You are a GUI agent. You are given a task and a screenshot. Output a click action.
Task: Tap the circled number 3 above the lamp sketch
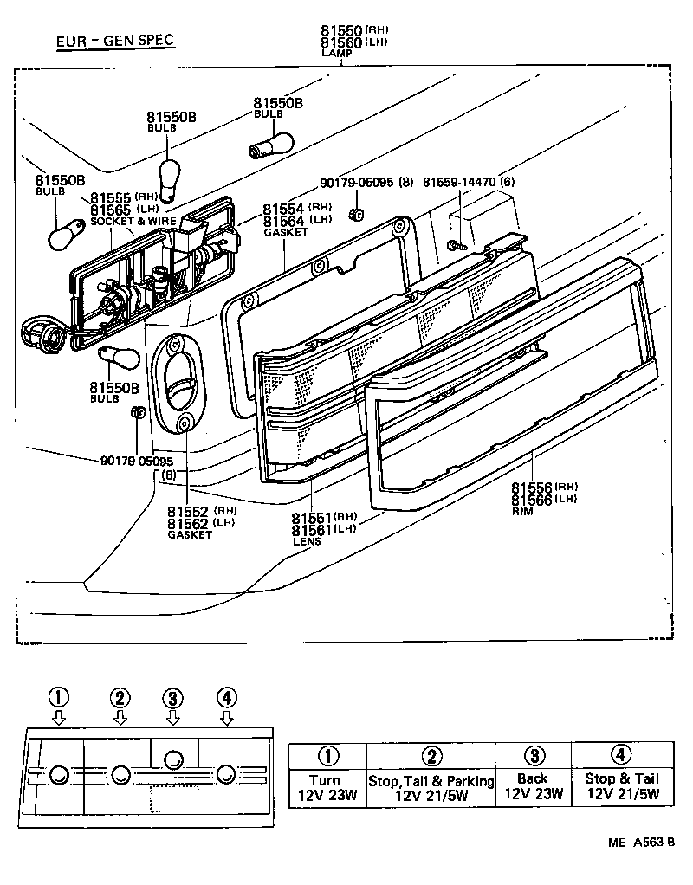173,698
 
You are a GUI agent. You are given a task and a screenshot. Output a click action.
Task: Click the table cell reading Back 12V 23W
533,785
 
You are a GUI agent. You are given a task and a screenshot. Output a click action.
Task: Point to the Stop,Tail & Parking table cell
431,786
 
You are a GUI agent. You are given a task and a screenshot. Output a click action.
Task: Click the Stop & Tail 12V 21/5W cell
621,785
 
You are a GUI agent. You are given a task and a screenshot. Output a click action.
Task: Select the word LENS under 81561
307,541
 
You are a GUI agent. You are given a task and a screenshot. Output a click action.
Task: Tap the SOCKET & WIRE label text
133,222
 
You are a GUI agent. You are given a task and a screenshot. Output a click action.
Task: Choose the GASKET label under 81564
285,232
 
